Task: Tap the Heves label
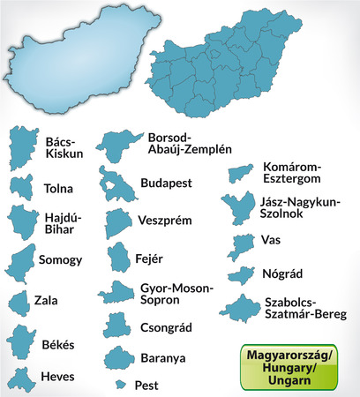57,375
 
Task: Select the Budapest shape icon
116,183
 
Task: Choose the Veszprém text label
165,221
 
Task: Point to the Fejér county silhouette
119,258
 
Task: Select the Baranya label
162,358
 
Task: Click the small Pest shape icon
120,385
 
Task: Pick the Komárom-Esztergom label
295,173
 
